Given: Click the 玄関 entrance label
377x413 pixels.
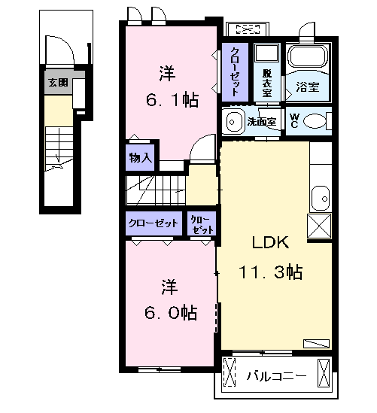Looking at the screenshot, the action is click(58, 83).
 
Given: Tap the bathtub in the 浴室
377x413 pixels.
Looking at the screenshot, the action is click(307, 56).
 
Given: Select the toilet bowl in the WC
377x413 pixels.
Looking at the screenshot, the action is click(315, 121).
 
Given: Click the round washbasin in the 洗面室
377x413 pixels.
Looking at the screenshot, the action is click(233, 122).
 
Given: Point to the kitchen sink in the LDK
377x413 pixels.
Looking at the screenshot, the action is click(321, 199).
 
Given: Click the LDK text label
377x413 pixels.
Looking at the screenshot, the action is click(270, 242).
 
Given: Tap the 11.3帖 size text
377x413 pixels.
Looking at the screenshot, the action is click(270, 272).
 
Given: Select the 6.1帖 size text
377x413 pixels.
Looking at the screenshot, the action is click(172, 99).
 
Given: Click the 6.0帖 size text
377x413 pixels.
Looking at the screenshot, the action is click(171, 312).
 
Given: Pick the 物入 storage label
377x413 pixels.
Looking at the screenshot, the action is click(141, 158).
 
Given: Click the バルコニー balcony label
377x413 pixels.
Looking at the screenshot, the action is click(277, 375).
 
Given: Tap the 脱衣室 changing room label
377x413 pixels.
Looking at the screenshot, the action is click(266, 83).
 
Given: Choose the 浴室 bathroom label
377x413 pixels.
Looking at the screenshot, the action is click(308, 87).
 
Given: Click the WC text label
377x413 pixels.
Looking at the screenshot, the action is click(294, 120).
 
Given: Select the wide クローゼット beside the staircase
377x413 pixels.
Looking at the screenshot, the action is click(154, 223).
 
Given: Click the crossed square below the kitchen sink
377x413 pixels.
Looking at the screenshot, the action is click(319, 226).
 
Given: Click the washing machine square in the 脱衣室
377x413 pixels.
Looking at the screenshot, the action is click(266, 53).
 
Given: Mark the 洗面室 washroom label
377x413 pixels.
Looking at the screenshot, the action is click(262, 122).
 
